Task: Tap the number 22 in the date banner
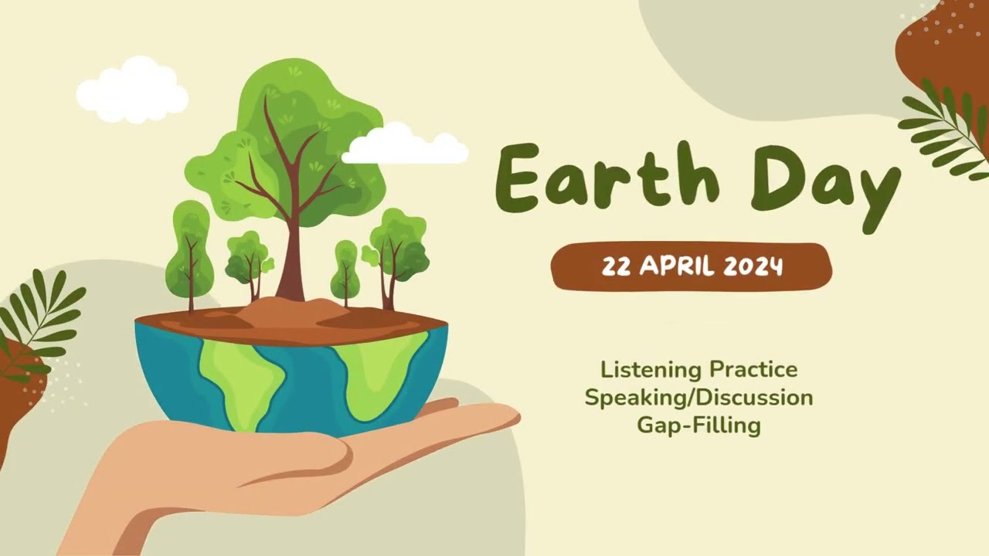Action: pyautogui.click(x=616, y=267)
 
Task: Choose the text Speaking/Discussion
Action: pyautogui.click(x=698, y=398)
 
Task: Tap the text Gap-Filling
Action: pyautogui.click(x=698, y=425)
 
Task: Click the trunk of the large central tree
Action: pyautogui.click(x=292, y=263)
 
